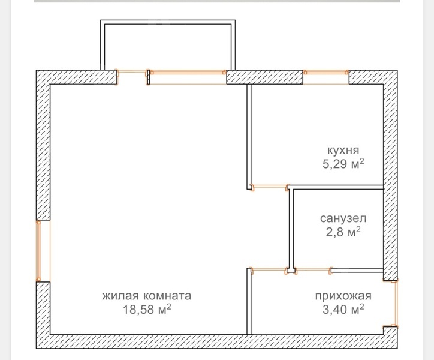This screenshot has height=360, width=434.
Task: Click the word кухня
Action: [343, 151]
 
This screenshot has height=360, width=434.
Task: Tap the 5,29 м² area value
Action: [343, 164]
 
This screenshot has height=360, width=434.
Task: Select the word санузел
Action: [343, 218]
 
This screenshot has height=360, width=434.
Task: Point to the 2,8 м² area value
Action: [343, 232]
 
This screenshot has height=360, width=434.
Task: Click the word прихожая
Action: [343, 296]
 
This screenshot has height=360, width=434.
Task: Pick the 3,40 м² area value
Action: [343, 309]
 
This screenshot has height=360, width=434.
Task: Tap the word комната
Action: [167, 296]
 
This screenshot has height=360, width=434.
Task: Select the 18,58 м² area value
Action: [147, 309]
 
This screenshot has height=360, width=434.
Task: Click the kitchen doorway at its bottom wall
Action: [269, 187]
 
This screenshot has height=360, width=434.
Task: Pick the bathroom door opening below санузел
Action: [313, 269]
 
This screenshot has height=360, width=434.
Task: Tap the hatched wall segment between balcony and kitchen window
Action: [264, 77]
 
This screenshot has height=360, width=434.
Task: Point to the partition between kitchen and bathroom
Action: [336, 187]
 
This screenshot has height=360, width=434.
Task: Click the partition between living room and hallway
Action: [249, 301]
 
